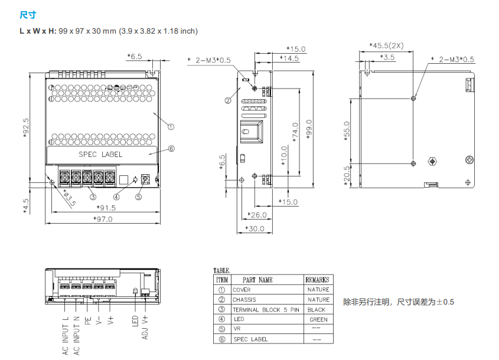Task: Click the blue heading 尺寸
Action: pos(28,15)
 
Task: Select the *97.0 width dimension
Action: pos(103,219)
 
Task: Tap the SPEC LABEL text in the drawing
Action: pos(101,155)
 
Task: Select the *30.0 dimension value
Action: pos(255,228)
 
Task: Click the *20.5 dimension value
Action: pos(347,174)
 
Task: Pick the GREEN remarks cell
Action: pos(318,320)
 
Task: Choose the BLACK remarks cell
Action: pos(317,310)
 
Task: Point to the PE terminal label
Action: pos(87,320)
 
